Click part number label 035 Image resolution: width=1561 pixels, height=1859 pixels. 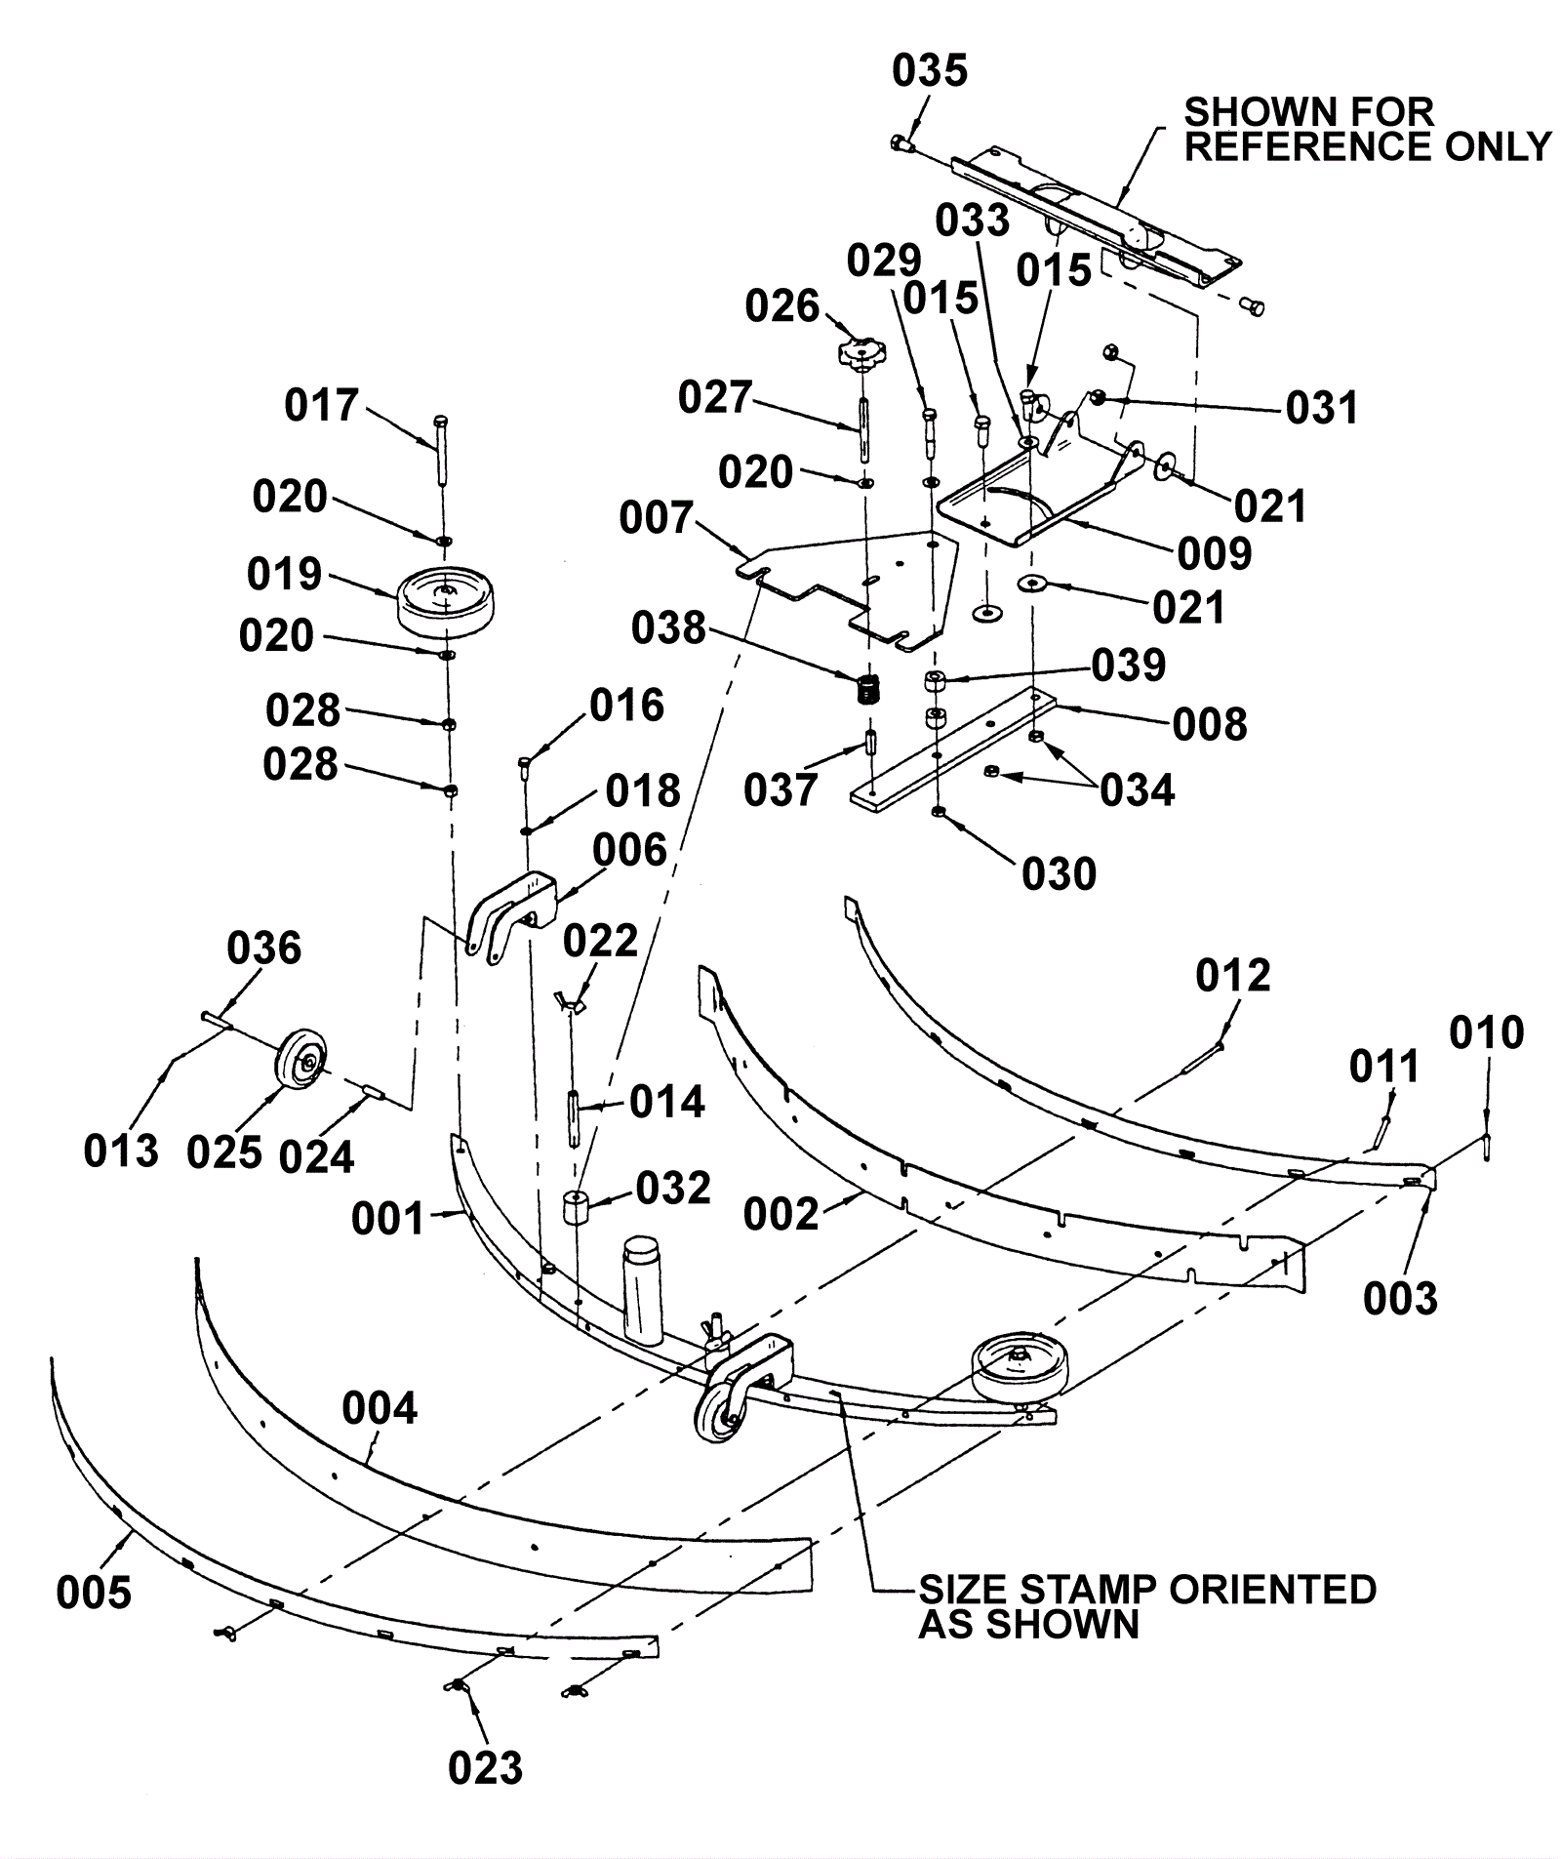click(930, 71)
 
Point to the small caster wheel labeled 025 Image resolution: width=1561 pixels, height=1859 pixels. click(300, 1061)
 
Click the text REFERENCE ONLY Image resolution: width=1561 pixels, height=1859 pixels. click(1368, 146)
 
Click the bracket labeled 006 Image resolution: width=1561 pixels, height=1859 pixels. click(512, 918)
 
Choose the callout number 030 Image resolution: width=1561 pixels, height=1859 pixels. click(1060, 873)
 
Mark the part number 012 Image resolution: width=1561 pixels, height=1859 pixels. click(1233, 975)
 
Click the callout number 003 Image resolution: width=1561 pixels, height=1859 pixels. click(1400, 1298)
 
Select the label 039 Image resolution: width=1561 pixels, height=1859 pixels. click(1129, 665)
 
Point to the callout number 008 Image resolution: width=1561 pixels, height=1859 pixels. click(1210, 723)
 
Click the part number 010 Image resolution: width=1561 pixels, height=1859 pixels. click(1486, 1031)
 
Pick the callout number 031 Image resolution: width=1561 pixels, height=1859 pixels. click(1322, 407)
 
